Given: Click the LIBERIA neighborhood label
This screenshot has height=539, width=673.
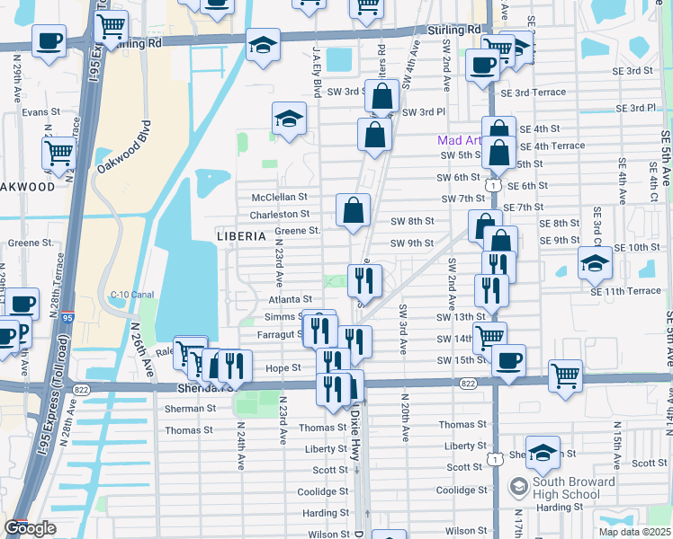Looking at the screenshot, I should tap(242, 235).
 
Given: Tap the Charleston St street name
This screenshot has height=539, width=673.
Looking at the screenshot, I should tap(280, 214).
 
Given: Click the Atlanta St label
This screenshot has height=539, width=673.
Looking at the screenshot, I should tap(290, 299).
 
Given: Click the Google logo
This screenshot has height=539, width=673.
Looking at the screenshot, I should tap(30, 528).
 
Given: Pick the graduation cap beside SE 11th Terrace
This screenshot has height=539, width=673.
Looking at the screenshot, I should tap(595, 261).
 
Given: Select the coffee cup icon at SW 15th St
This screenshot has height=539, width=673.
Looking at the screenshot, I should tap(509, 360).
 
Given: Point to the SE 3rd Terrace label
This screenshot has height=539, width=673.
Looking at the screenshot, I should tap(534, 93).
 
